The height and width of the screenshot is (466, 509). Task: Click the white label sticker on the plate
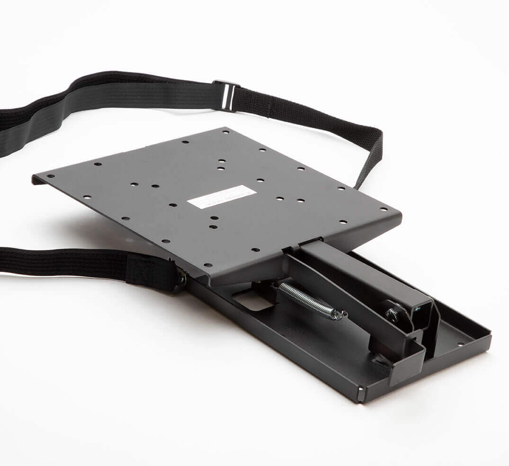pos(221,197)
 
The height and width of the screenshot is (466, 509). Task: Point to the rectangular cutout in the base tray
pos(253,300)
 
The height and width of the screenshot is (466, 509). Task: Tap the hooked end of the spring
pos(339,314)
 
